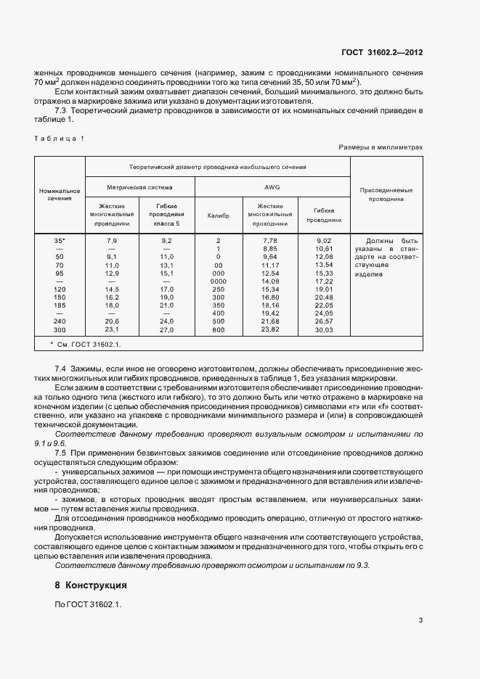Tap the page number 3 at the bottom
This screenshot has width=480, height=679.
[x=420, y=620]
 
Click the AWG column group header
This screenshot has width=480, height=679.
[x=272, y=187]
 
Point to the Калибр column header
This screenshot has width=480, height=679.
[x=218, y=215]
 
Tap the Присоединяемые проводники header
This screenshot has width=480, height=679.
[x=386, y=194]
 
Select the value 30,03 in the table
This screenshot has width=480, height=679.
[x=323, y=329]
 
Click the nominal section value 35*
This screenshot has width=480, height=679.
[x=60, y=240]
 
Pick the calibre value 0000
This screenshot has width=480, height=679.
[x=218, y=281]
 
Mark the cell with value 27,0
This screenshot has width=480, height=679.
[x=167, y=329]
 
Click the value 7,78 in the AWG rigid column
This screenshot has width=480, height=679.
[x=269, y=240]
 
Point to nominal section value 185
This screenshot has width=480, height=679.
[x=60, y=305]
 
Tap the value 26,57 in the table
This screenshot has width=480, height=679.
[x=323, y=321]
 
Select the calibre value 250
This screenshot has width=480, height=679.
[x=218, y=289]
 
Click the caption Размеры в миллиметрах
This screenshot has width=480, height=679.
[x=380, y=147]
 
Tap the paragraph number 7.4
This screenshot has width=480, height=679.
[x=60, y=369]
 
